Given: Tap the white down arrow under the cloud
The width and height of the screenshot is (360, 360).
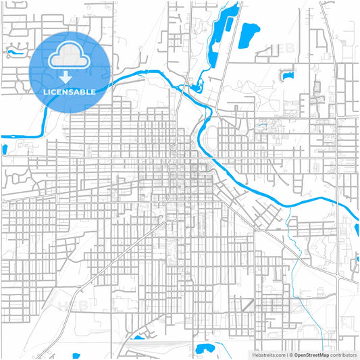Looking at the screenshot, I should point(70,78).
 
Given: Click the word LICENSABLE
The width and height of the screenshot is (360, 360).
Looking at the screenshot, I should point(70,91).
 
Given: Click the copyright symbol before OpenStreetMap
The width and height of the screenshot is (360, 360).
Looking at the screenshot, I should point(291,354).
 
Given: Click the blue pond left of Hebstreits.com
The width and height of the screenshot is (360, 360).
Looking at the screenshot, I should point(203,349).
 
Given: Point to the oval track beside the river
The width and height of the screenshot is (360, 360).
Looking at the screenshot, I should point(210,139).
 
